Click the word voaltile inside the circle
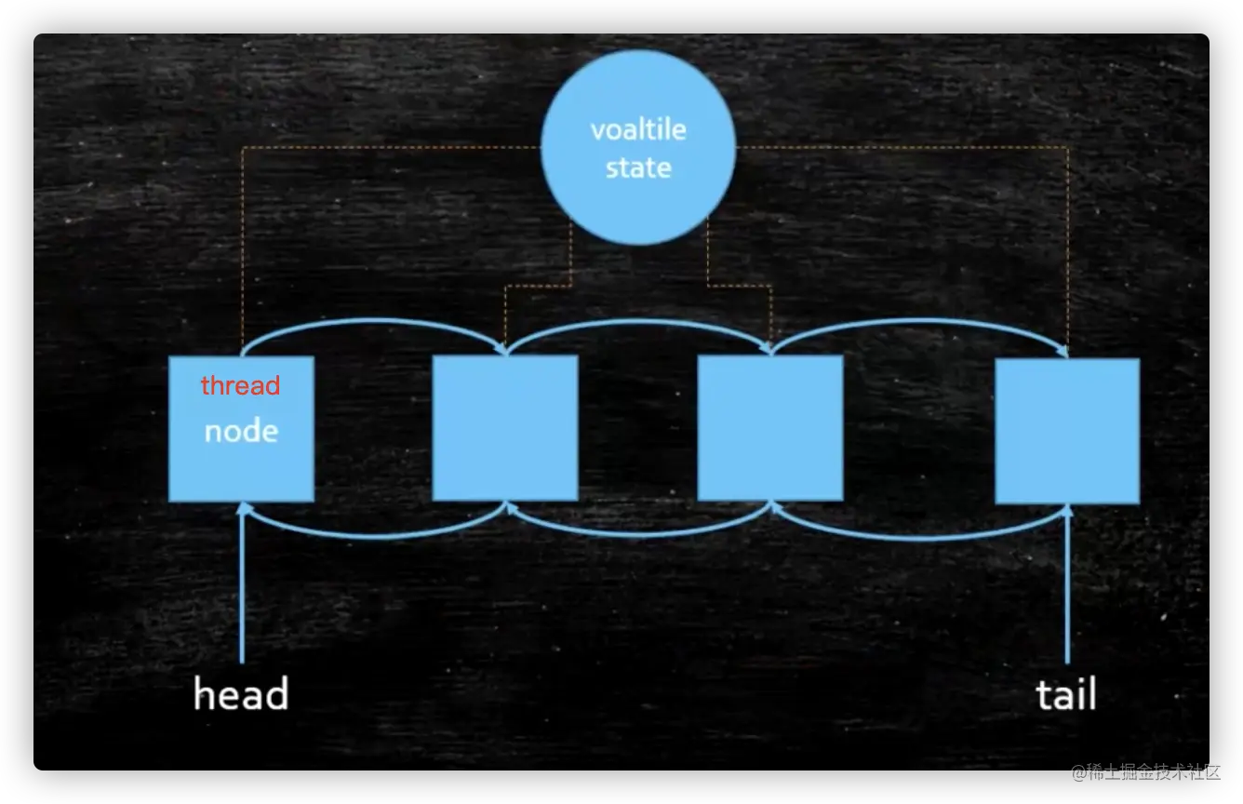click(638, 129)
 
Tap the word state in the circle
click(638, 168)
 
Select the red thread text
click(240, 385)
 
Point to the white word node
click(241, 431)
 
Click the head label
click(241, 694)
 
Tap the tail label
click(1066, 694)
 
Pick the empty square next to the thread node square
click(505, 428)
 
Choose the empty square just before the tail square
click(770, 428)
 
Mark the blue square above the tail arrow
click(1067, 431)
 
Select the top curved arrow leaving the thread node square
click(372, 322)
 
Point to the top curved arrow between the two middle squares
click(638, 323)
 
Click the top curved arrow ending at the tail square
click(921, 323)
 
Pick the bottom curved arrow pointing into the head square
click(372, 535)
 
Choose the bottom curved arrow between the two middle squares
click(638, 535)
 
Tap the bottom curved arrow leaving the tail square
click(921, 536)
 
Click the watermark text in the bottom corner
click(1143, 771)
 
